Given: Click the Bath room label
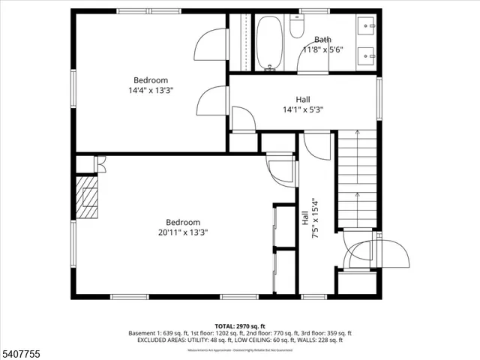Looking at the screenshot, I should click(322, 40).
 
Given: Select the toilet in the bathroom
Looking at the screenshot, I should click(296, 28).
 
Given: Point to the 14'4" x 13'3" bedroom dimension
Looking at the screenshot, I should click(151, 90).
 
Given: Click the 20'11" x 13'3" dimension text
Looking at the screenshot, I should click(182, 232).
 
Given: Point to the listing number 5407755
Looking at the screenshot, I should click(20, 352).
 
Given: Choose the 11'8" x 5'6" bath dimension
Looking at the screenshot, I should click(322, 49).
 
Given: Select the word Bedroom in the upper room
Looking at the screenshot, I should click(151, 80).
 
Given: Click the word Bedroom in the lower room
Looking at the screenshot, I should click(182, 222).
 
